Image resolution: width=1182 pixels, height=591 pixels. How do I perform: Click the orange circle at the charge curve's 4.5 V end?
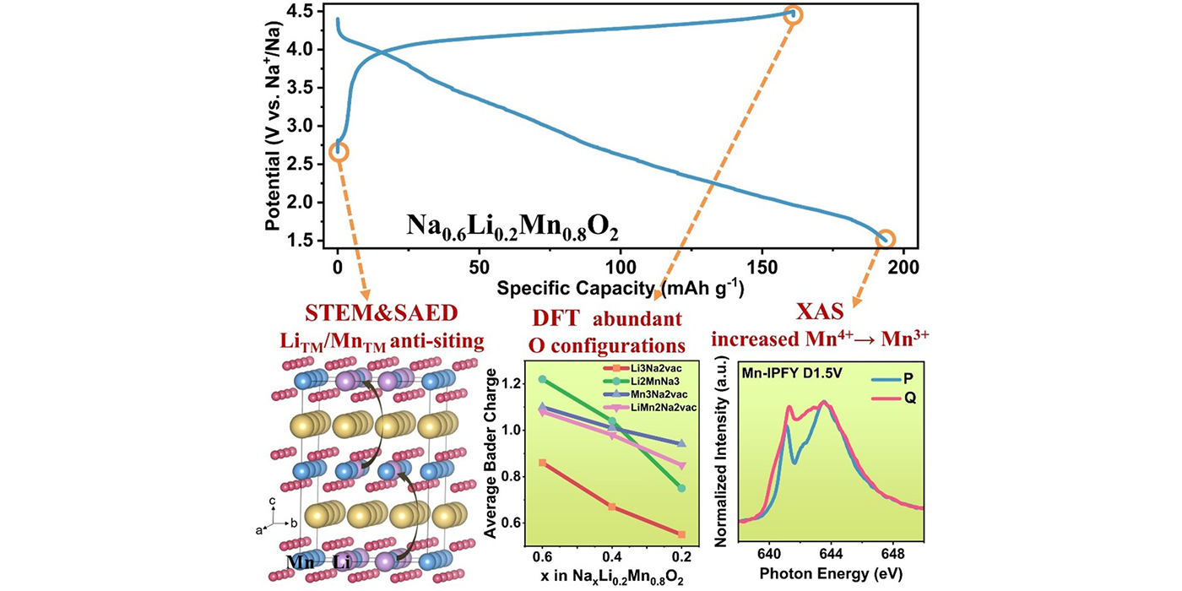[793, 14]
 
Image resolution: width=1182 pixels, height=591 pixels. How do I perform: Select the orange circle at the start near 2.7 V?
[339, 151]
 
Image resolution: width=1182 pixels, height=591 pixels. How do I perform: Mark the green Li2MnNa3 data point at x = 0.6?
[542, 379]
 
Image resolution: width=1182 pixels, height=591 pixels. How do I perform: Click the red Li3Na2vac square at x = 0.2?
[681, 534]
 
